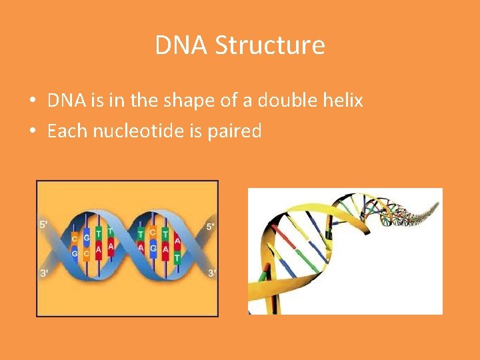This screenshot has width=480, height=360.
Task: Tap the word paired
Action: click(x=234, y=131)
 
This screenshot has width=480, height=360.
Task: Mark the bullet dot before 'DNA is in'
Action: click(x=32, y=101)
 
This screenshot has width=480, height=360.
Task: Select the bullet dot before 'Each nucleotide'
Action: click(x=32, y=131)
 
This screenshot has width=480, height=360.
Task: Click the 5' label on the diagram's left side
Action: click(x=43, y=225)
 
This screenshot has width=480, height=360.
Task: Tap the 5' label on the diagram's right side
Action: click(x=211, y=227)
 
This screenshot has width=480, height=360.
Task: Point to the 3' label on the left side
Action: click(x=43, y=273)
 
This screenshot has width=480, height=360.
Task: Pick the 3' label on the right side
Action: click(x=211, y=273)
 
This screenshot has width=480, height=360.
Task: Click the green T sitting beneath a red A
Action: click(x=177, y=257)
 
